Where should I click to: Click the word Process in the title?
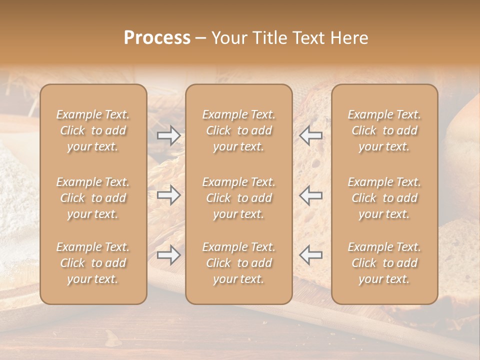click(x=157, y=38)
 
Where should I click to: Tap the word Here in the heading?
click(x=348, y=38)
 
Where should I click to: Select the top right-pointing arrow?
click(x=168, y=135)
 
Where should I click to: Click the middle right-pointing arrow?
click(x=168, y=195)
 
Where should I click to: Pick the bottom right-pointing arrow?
click(x=168, y=254)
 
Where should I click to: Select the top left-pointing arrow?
click(x=311, y=135)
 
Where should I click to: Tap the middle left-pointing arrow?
click(x=311, y=195)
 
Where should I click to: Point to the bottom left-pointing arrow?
click(x=311, y=254)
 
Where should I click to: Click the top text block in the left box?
click(x=93, y=130)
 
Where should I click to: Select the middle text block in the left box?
click(x=93, y=198)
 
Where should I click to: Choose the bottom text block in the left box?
click(x=93, y=263)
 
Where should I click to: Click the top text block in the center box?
click(x=239, y=130)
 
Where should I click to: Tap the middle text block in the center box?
click(x=239, y=198)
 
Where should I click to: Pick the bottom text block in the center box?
click(x=239, y=263)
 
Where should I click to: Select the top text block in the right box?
click(x=384, y=130)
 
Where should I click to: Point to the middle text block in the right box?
click(x=384, y=198)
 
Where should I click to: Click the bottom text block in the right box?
click(x=384, y=263)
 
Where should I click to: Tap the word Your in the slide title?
click(x=228, y=38)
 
